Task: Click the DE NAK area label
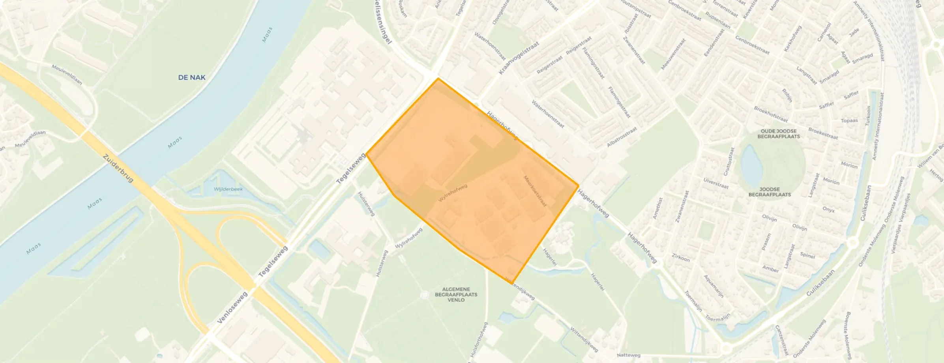click(x=191, y=77)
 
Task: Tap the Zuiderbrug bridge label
click(x=118, y=168)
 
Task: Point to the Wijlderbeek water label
click(x=228, y=189)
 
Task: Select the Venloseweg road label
click(x=232, y=307)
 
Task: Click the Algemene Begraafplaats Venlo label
click(x=456, y=294)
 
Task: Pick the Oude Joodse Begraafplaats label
click(x=778, y=134)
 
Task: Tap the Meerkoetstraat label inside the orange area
click(x=535, y=191)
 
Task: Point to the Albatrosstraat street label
click(x=622, y=137)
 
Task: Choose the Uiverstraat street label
click(x=716, y=183)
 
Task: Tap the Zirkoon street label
click(x=680, y=258)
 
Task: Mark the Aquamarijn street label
click(x=714, y=286)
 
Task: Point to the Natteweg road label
click(x=628, y=355)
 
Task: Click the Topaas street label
click(x=849, y=120)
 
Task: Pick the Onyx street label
click(x=828, y=210)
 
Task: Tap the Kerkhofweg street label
click(x=792, y=38)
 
